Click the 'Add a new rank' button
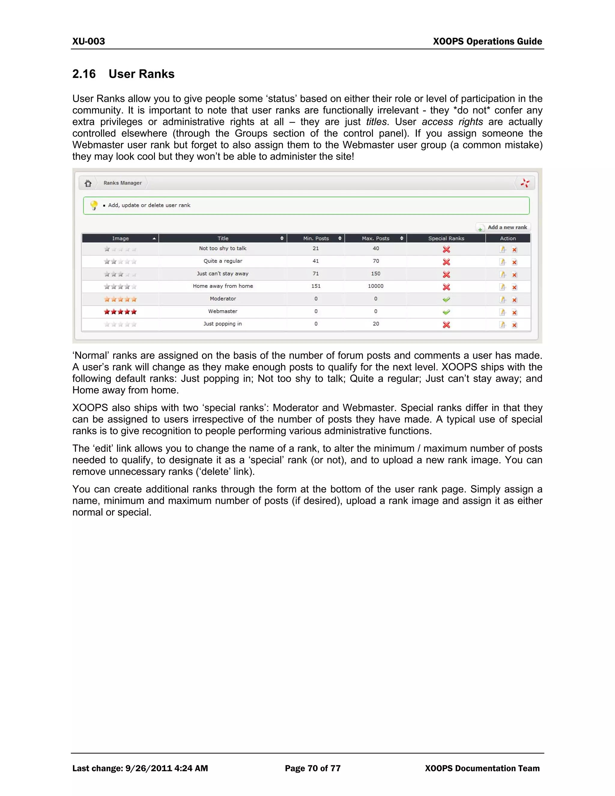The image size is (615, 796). (x=504, y=227)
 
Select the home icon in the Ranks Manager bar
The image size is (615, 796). (x=88, y=183)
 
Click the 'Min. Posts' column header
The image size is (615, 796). (x=316, y=238)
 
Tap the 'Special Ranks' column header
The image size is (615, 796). (x=446, y=238)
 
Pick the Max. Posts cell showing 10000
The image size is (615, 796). (x=376, y=286)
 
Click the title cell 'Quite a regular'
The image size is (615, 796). (x=223, y=261)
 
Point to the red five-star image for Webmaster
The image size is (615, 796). (x=120, y=311)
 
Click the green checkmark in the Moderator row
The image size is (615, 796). (x=446, y=299)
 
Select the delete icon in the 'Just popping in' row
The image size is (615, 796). (x=514, y=325)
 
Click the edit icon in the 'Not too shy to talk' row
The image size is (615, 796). (x=502, y=249)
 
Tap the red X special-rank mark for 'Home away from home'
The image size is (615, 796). (x=446, y=287)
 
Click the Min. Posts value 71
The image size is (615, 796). (x=316, y=274)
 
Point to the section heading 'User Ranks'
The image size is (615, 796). (x=141, y=74)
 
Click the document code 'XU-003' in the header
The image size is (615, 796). (x=89, y=41)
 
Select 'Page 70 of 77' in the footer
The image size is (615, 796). (x=313, y=768)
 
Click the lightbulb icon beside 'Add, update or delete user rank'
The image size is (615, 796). (x=94, y=205)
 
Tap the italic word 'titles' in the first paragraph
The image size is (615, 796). (x=376, y=122)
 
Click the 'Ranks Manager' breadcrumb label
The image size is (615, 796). (x=123, y=183)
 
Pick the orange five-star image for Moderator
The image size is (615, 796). (x=120, y=299)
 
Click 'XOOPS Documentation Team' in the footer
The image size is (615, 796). (x=482, y=768)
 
